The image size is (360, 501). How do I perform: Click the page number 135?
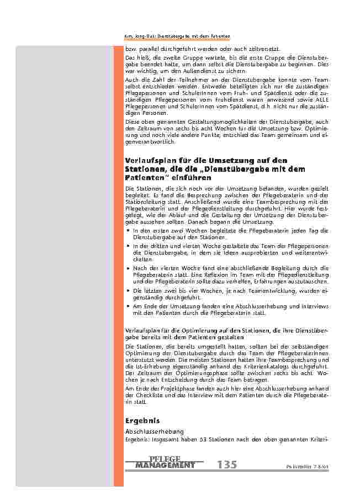pyautogui.click(x=227, y=465)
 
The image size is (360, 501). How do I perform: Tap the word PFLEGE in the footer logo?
pyautogui.click(x=165, y=459)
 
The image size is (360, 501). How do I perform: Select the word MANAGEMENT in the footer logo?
pyautogui.click(x=165, y=466)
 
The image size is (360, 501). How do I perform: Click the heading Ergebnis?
pyautogui.click(x=143, y=420)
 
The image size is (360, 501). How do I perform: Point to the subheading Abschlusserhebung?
pyautogui.click(x=155, y=431)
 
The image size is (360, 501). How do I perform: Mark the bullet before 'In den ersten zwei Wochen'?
pyautogui.click(x=128, y=230)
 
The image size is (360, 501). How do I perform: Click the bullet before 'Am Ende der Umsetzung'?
pyautogui.click(x=128, y=305)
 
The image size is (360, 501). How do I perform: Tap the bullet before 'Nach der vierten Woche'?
pyautogui.click(x=128, y=268)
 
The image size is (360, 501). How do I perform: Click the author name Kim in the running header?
pyautogui.click(x=129, y=36)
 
